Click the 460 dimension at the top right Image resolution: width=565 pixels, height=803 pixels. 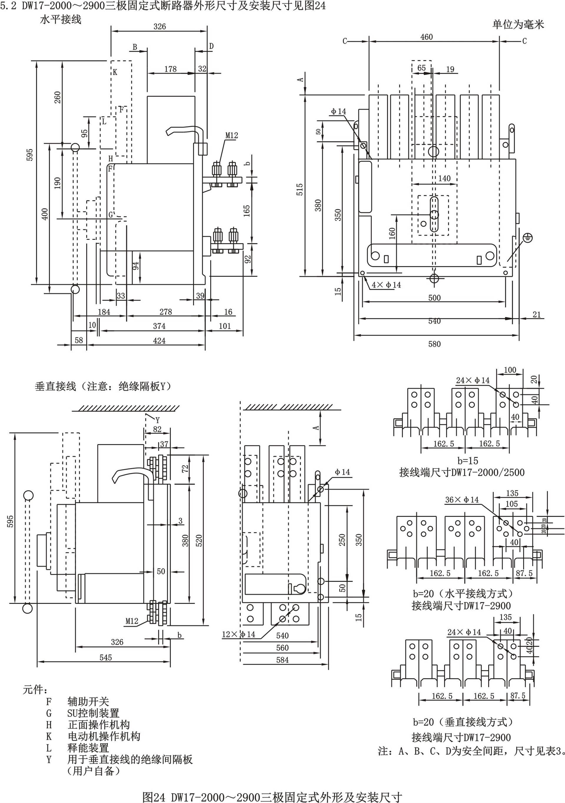point(426,37)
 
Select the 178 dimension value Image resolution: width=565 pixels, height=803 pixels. point(170,69)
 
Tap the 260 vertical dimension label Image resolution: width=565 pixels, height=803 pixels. point(57,97)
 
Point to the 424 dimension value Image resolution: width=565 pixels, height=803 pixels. point(159,341)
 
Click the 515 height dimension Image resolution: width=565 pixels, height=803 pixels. point(300,190)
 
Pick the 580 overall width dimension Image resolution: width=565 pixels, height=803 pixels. point(434,344)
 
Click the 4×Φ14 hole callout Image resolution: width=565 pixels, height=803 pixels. point(386,285)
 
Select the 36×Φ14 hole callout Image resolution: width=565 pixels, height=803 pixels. point(462,500)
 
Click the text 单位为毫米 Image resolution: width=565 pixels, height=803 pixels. point(518,24)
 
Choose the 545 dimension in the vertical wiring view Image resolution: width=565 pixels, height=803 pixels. point(105,658)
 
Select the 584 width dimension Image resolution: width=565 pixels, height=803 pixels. point(282,660)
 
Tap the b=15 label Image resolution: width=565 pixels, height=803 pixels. point(468,461)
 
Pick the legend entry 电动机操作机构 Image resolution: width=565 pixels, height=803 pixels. point(104,736)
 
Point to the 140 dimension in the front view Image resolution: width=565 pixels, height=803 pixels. point(444,178)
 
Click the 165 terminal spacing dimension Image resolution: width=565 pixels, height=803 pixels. point(247,211)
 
